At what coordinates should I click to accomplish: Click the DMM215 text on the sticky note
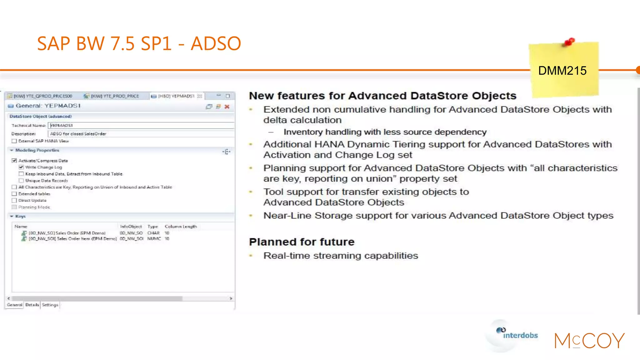pyautogui.click(x=562, y=71)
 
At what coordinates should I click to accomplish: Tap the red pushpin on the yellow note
pyautogui.click(x=569, y=42)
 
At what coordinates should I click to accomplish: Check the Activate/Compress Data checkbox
pyautogui.click(x=14, y=161)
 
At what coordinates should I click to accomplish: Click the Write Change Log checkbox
pyautogui.click(x=21, y=167)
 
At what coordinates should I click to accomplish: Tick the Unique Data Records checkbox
pyautogui.click(x=21, y=181)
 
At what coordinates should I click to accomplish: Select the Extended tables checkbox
pyautogui.click(x=14, y=194)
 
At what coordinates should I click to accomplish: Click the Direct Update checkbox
pyautogui.click(x=14, y=200)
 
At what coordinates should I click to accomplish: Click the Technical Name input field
pyautogui.click(x=141, y=125)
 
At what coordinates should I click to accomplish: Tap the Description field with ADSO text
pyautogui.click(x=141, y=134)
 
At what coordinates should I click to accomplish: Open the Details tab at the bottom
pyautogui.click(x=32, y=305)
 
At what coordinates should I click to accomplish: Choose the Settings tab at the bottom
pyautogui.click(x=50, y=305)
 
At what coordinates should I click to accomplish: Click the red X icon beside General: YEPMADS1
pyautogui.click(x=227, y=107)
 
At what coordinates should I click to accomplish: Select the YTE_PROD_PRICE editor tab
pyautogui.click(x=114, y=96)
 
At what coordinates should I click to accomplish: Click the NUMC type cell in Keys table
pyautogui.click(x=154, y=239)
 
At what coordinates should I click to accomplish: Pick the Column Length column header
pyautogui.click(x=181, y=227)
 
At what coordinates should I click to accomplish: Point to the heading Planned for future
pyautogui.click(x=302, y=242)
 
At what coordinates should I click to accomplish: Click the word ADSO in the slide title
pyautogui.click(x=216, y=43)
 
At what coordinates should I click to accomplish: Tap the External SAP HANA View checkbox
pyautogui.click(x=14, y=141)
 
